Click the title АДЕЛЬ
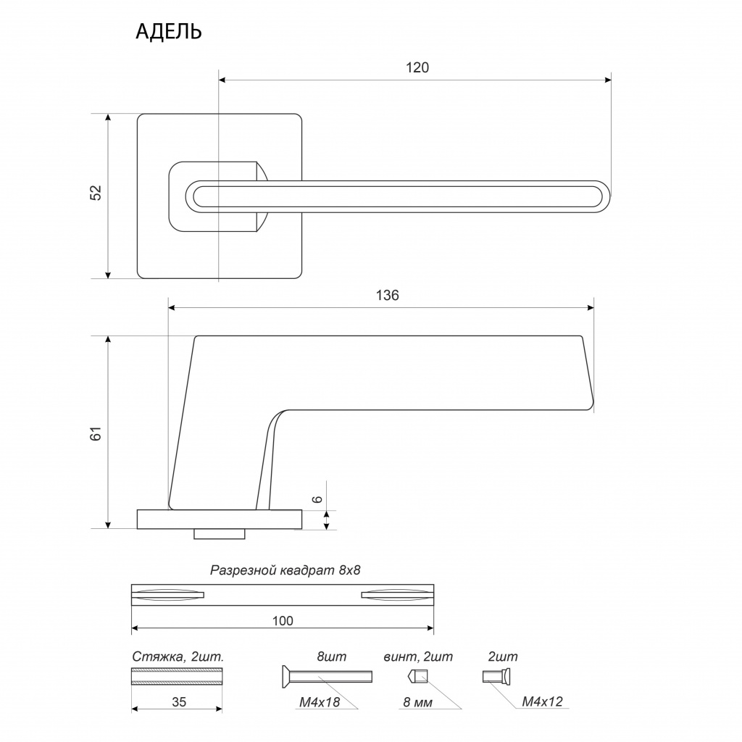(x=168, y=32)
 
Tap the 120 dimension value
(x=417, y=67)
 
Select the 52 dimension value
(x=96, y=193)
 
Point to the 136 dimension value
(x=387, y=296)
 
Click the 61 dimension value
(x=96, y=433)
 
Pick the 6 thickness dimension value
(x=317, y=499)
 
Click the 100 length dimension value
(x=283, y=620)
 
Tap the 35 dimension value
(x=179, y=701)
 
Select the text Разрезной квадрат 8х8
(x=285, y=570)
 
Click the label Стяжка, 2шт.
(x=178, y=656)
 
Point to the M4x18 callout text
(x=320, y=702)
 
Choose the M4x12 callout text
(x=542, y=701)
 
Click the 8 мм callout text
(x=418, y=703)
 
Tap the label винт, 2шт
(x=418, y=656)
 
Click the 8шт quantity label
(x=331, y=656)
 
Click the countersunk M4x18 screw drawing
(x=327, y=676)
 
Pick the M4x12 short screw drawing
(x=497, y=677)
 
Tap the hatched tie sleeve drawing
(x=177, y=676)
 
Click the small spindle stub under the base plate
(x=219, y=534)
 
